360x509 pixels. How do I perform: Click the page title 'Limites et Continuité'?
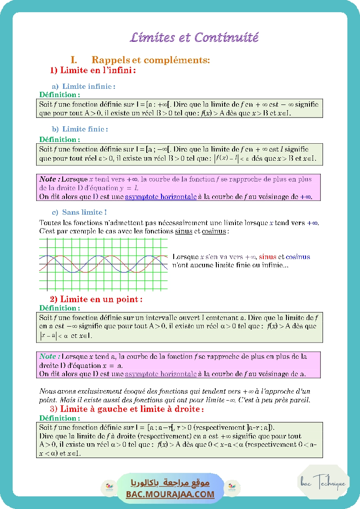[194, 37]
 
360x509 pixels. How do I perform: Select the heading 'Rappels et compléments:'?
[151, 60]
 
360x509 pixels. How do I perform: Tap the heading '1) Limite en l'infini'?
[93, 70]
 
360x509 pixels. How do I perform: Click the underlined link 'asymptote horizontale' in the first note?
[161, 197]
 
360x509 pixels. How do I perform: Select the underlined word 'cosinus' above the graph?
[214, 231]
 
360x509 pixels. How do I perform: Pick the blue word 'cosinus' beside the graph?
[298, 257]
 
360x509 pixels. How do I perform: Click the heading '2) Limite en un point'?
[96, 300]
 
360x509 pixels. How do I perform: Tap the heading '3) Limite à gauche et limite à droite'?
[127, 409]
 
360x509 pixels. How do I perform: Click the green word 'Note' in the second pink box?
[47, 357]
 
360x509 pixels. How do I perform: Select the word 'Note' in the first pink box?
[47, 179]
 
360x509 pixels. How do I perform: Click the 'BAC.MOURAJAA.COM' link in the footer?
[170, 494]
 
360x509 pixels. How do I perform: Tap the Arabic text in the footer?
[170, 483]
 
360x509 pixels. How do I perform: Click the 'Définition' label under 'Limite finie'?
[59, 139]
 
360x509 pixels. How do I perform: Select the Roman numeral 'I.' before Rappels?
[74, 60]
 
